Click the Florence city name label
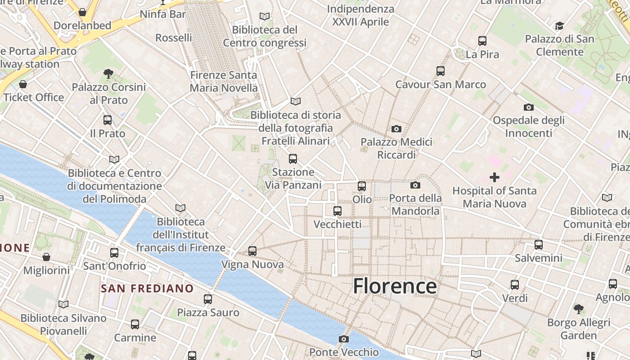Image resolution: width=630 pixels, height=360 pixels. pos(395,286)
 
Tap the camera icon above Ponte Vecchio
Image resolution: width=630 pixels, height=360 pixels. pos(344,339)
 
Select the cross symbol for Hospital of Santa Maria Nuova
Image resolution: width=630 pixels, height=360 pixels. pos(495,177)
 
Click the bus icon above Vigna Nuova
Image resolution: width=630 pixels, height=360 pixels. pos(252,251)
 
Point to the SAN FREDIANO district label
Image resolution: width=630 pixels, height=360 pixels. pos(147,288)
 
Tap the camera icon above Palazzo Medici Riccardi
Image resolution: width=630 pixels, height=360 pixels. pos(396,129)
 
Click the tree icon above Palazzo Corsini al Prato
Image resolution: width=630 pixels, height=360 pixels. pos(108,73)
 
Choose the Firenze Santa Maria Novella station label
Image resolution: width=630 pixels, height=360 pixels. pos(224,81)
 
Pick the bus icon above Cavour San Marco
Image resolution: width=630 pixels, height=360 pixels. pos(441,71)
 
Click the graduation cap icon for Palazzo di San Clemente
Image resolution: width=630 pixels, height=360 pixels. pos(559,26)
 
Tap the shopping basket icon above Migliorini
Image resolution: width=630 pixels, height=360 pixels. pos(46,257)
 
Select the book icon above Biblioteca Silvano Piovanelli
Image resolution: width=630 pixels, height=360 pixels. pos(63,305)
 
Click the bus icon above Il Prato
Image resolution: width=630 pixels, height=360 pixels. pos(107,120)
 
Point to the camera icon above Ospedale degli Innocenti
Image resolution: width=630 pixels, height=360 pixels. pos(529,107)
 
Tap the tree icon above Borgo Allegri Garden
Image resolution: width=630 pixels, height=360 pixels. pos(579,309)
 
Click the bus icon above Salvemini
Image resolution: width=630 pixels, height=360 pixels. pos(539,245)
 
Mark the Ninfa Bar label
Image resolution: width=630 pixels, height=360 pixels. pos(162,14)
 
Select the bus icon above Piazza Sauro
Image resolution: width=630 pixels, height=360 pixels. pos(208,299)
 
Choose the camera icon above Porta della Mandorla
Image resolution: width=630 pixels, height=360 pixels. pos(415,185)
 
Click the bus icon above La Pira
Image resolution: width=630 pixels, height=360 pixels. pos(482,41)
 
